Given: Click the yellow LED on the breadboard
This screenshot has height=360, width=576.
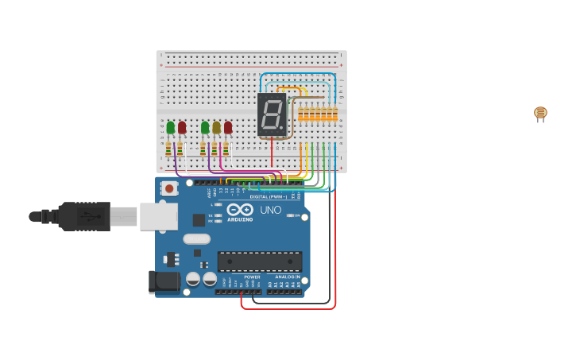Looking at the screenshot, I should pyautogui.click(x=216, y=127).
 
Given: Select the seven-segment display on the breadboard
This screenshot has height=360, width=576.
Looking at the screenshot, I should pyautogui.click(x=271, y=114).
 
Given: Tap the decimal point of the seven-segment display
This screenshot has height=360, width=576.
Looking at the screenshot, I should pyautogui.click(x=282, y=130).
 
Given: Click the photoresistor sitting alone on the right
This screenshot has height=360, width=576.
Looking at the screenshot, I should pyautogui.click(x=540, y=113).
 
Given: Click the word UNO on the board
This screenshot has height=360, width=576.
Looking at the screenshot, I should pyautogui.click(x=271, y=210).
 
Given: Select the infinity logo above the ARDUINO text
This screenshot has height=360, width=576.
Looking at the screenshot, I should pyautogui.click(x=239, y=210).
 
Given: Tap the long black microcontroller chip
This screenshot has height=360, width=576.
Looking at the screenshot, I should pyautogui.click(x=260, y=261).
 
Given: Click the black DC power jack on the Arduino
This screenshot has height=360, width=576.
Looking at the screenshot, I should pyautogui.click(x=164, y=281).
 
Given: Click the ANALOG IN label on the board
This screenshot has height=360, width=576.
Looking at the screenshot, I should pyautogui.click(x=288, y=277).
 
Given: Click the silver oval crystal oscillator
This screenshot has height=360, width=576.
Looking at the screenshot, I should pyautogui.click(x=196, y=238).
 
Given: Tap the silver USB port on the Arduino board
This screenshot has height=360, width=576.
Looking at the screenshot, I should pyautogui.click(x=159, y=216).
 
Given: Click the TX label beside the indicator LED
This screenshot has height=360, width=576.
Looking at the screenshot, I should pyautogui.click(x=211, y=215).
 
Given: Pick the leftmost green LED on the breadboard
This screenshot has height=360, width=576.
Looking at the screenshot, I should pyautogui.click(x=170, y=127).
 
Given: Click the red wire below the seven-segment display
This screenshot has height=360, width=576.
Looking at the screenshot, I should pyautogui.click(x=272, y=151).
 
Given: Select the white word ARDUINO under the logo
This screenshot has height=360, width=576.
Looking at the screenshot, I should pyautogui.click(x=240, y=219).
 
